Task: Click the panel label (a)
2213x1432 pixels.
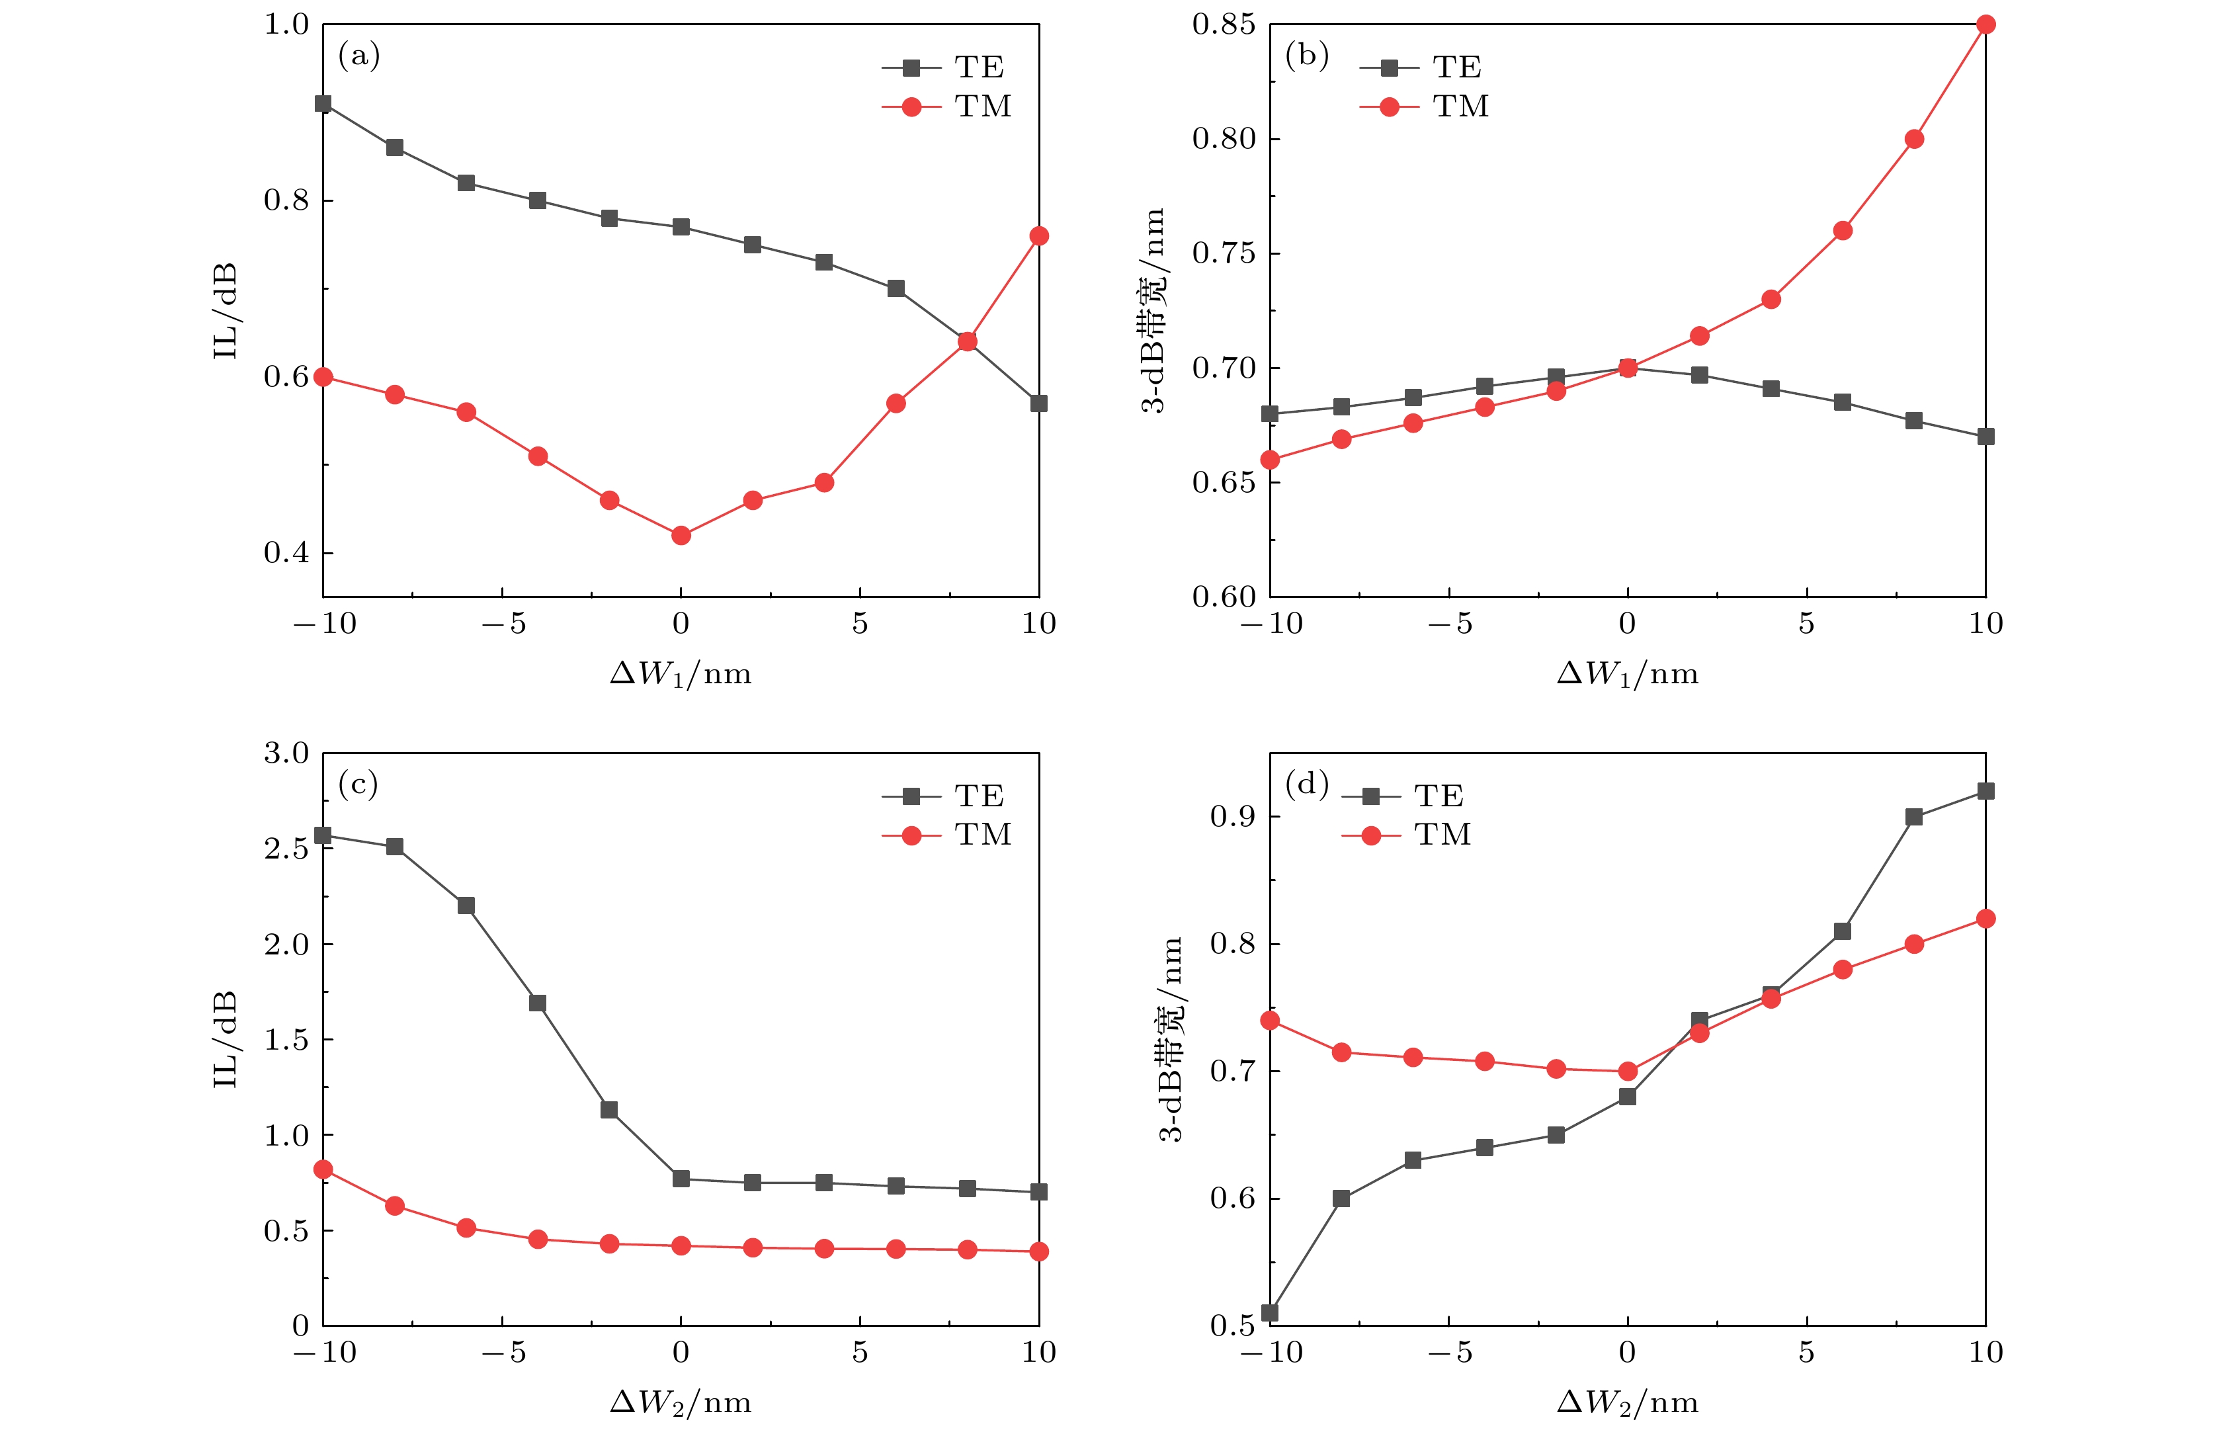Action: (359, 57)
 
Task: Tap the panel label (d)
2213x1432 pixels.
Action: (1306, 785)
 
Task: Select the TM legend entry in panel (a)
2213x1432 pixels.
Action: (948, 107)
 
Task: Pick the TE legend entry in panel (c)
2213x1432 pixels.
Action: (943, 796)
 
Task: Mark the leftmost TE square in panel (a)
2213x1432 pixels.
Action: (323, 103)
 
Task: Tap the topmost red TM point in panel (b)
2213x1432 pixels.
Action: (1985, 24)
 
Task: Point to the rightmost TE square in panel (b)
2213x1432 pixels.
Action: (1985, 436)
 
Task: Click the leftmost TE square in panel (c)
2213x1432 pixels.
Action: (323, 835)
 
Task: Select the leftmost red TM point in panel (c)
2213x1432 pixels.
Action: (323, 1169)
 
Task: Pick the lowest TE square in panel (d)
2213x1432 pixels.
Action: (1270, 1313)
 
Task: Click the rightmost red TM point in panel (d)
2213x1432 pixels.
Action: (1985, 919)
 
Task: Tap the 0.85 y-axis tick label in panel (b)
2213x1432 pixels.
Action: (1224, 24)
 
